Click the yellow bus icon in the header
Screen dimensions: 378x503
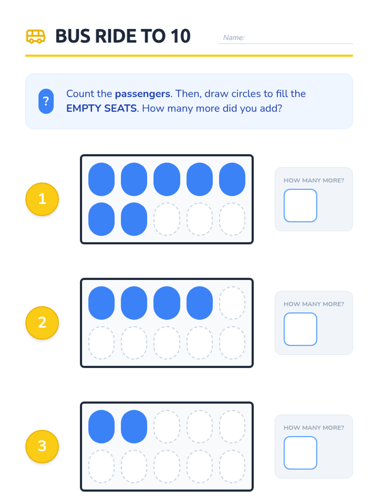36,36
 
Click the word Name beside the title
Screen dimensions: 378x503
233,38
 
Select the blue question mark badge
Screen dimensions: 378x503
46,101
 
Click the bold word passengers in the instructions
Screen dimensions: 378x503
142,94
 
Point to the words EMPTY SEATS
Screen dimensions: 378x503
101,108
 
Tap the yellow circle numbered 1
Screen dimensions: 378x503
42,199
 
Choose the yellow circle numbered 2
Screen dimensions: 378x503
42,323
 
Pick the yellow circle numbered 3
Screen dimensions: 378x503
42,446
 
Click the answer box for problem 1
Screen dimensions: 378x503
300,205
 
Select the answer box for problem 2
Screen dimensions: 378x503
300,329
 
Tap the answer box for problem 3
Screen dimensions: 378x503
300,453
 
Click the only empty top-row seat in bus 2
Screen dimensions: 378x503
232,303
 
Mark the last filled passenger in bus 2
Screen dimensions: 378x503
199,303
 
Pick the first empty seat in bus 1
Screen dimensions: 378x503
167,219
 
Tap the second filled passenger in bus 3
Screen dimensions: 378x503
134,427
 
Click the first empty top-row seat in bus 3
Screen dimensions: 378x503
167,427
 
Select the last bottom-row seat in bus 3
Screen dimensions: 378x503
232,466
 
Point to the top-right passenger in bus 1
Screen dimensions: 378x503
232,179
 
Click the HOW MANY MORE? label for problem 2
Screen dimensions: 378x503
314,304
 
